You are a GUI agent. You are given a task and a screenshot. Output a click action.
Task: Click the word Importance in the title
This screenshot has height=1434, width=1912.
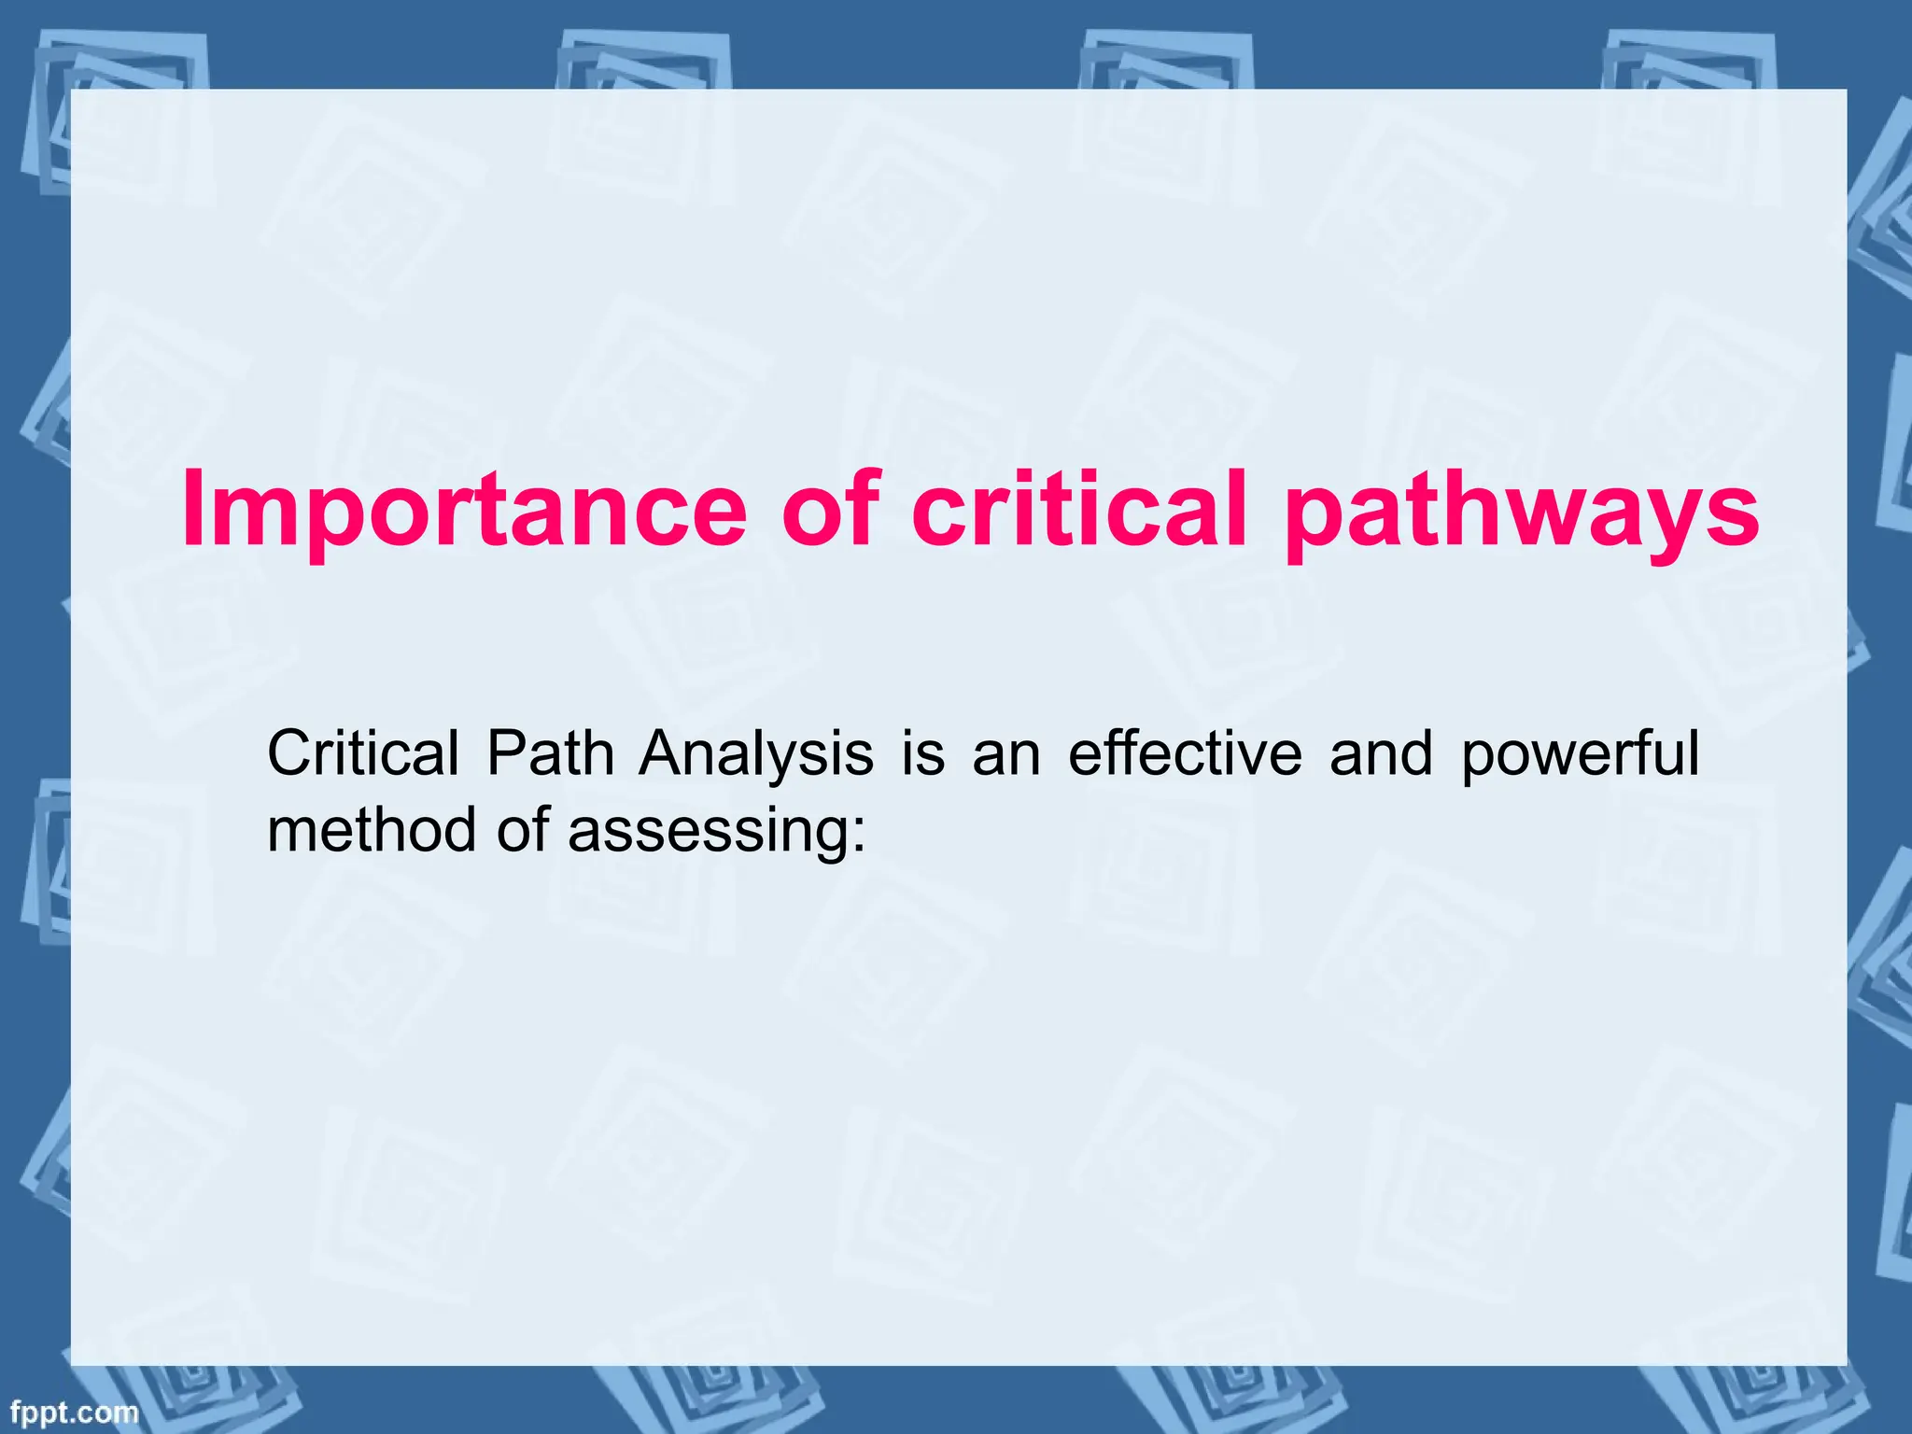(x=464, y=511)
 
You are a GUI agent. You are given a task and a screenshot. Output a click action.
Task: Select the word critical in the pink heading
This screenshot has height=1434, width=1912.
(x=1079, y=511)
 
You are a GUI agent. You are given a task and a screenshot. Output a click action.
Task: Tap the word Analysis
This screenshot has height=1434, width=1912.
(x=756, y=754)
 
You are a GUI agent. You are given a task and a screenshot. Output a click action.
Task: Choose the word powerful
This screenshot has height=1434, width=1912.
(x=1580, y=754)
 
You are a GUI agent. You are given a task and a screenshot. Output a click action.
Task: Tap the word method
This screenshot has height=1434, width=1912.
(x=371, y=828)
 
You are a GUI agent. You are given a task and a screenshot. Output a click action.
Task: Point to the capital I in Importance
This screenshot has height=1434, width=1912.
(x=192, y=511)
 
